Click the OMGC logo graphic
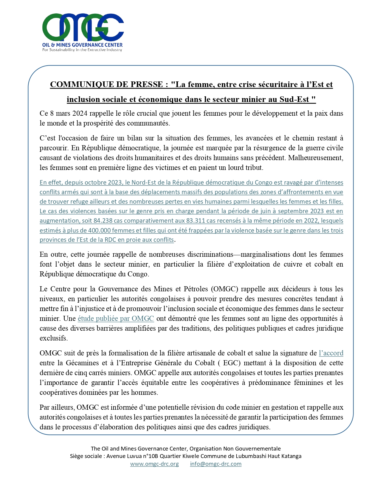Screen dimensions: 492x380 [x=83, y=27]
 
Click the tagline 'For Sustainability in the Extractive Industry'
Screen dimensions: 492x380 [x=82, y=50]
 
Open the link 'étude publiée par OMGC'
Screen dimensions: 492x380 [x=116, y=318]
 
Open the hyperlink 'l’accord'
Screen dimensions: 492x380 [x=331, y=353]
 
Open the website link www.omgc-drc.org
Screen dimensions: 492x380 [x=154, y=464]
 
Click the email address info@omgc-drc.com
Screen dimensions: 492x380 [x=216, y=464]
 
